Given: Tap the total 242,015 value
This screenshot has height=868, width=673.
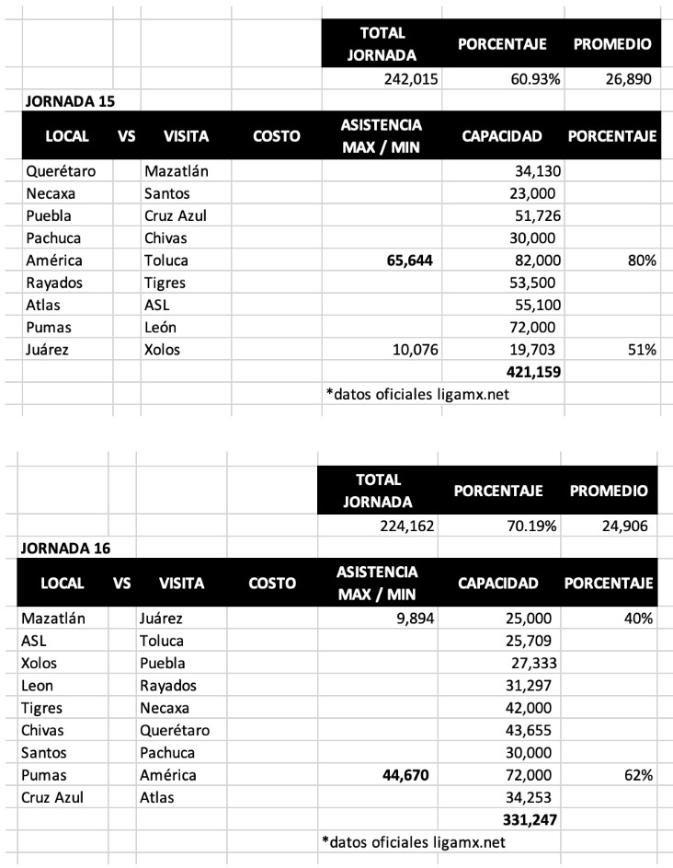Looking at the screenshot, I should pyautogui.click(x=409, y=78).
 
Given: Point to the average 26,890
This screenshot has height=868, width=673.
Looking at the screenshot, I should pyautogui.click(x=627, y=78).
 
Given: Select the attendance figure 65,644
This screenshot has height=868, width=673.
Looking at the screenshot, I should pyautogui.click(x=403, y=260).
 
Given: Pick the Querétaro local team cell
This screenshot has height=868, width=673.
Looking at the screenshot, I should pyautogui.click(x=61, y=170).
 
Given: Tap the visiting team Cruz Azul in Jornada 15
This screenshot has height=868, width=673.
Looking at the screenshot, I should pyautogui.click(x=178, y=215).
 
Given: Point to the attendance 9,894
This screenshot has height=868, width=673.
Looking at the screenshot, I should pyautogui.click(x=409, y=619).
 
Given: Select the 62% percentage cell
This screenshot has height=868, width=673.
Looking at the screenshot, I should pyautogui.click(x=638, y=775).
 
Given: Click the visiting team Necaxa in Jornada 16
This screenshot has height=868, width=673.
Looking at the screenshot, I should pyautogui.click(x=165, y=708).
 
